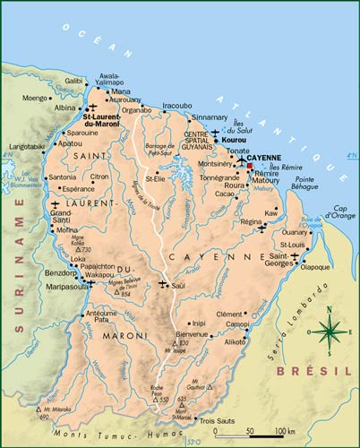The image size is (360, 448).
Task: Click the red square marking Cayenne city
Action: point(251,167)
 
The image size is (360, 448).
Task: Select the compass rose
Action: point(330,331)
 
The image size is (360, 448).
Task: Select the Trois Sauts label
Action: point(219,420)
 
